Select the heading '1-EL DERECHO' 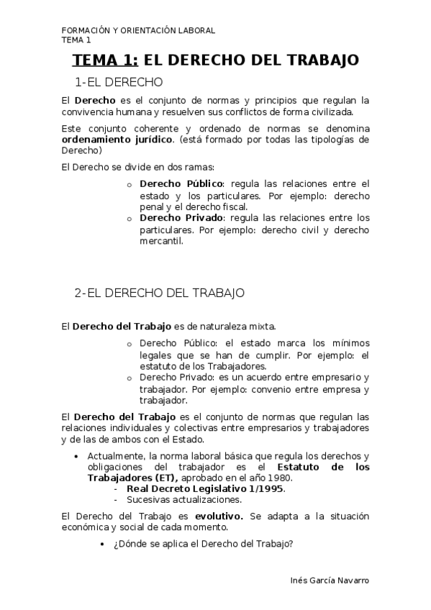[x=119, y=82]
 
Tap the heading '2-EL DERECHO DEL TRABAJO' [x=160, y=293]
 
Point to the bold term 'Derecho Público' [x=181, y=184]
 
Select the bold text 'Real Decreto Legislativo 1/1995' [x=205, y=488]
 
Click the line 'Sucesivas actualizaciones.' [x=184, y=499]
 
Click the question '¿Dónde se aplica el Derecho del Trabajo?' [x=203, y=544]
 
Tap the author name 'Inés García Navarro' [x=328, y=581]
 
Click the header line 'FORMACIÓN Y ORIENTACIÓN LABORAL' [x=138, y=30]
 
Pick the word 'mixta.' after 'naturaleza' [x=260, y=326]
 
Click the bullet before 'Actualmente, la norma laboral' [x=77, y=457]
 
